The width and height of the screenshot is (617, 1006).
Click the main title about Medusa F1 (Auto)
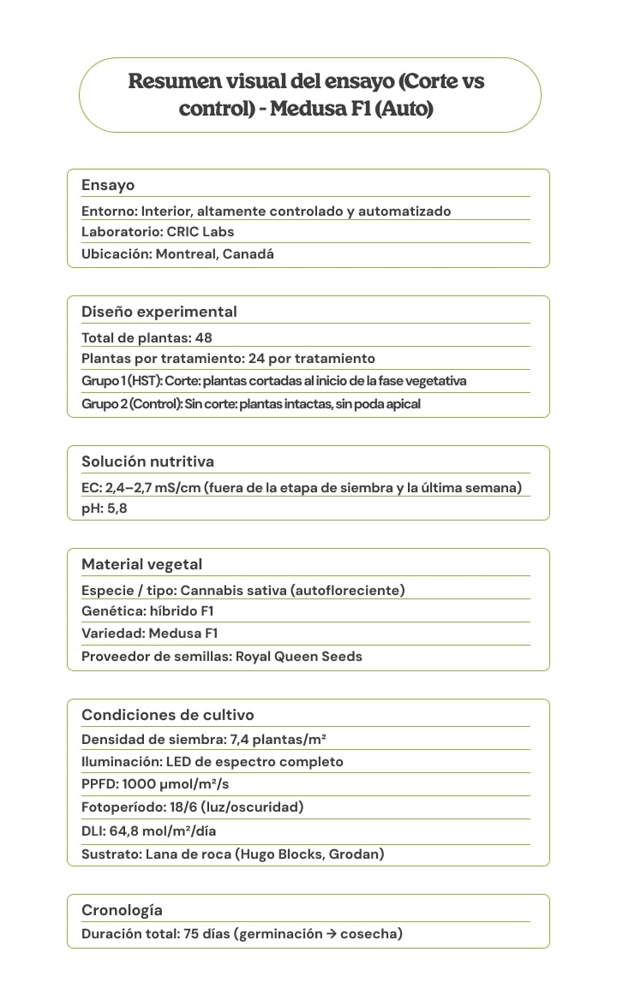click(x=307, y=95)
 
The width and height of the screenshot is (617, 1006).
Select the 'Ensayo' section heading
click(x=108, y=185)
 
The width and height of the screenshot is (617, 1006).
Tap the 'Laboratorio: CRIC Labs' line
click(x=158, y=231)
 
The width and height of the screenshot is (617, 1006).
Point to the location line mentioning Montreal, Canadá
click(x=177, y=254)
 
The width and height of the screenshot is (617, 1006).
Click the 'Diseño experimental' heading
click(x=159, y=312)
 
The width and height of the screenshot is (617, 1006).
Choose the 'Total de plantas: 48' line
click(x=147, y=337)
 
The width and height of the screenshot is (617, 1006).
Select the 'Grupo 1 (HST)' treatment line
click(x=273, y=380)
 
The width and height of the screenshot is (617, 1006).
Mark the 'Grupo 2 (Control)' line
click(x=250, y=403)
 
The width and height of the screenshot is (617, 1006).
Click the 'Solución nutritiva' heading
click(x=147, y=461)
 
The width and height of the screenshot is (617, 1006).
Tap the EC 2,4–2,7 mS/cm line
click(x=301, y=488)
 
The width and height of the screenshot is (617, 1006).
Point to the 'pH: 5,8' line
click(x=105, y=509)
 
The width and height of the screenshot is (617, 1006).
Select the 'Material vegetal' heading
click(x=141, y=564)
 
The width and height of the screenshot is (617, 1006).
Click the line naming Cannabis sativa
click(x=243, y=590)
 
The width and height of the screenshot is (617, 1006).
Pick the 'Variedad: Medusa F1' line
click(x=149, y=634)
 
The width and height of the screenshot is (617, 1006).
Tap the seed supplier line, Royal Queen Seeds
click(x=221, y=657)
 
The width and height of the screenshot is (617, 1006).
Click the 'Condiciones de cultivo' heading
click(x=167, y=715)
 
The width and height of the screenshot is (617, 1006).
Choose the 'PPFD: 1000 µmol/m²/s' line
click(x=155, y=784)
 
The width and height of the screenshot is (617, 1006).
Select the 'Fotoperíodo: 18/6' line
click(x=192, y=807)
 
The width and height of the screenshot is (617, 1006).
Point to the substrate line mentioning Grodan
click(x=232, y=854)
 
